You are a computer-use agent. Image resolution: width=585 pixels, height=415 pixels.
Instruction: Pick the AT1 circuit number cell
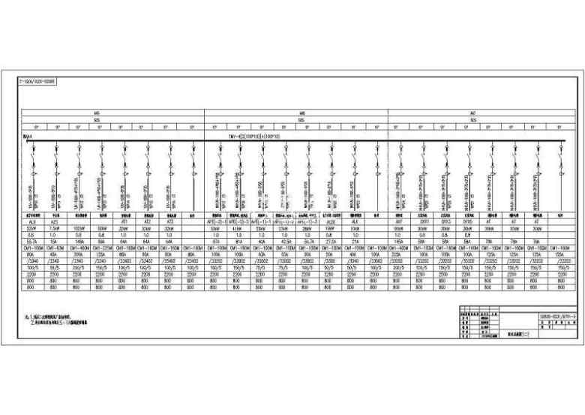[125, 222]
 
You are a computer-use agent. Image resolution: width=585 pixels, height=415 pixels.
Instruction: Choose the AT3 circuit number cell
[171, 222]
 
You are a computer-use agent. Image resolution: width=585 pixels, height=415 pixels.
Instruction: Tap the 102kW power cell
[79, 228]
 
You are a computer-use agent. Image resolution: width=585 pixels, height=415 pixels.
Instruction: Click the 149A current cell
[79, 240]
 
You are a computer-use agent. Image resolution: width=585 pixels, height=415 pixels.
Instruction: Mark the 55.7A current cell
[32, 240]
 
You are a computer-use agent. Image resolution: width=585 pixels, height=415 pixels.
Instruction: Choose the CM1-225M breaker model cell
[102, 246]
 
